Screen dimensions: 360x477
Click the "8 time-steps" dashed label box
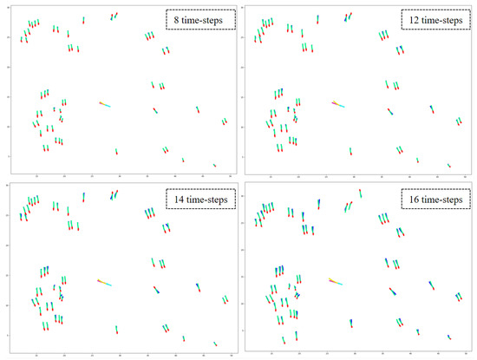click(199, 18)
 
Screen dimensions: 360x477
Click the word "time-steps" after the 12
click(441, 18)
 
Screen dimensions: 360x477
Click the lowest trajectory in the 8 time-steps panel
click(214, 165)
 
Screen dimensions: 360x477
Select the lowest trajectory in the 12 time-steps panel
click(449, 165)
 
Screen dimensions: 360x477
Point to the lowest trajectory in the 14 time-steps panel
click(214, 344)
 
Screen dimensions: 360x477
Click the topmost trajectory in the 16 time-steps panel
click(360, 193)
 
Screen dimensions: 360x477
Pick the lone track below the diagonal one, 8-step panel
click(116, 152)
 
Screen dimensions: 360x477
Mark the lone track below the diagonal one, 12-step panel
click(350, 152)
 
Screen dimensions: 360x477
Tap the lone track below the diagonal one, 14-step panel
click(116, 330)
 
